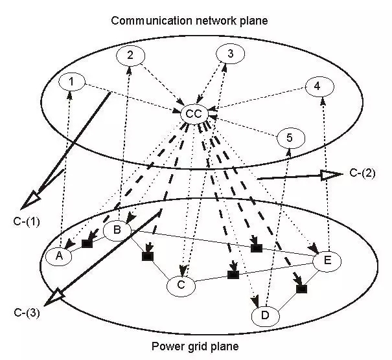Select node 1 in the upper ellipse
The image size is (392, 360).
click(x=71, y=82)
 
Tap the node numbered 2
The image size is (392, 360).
click(x=130, y=56)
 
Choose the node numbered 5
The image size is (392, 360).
click(x=290, y=137)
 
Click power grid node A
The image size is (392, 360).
click(x=59, y=255)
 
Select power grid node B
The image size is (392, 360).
click(x=117, y=230)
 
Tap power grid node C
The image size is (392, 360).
click(x=181, y=284)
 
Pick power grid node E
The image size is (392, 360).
click(x=327, y=260)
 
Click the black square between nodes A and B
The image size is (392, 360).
click(x=86, y=243)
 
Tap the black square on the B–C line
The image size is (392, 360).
click(x=146, y=256)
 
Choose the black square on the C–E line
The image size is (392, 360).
click(x=233, y=275)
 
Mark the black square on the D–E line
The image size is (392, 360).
click(x=301, y=289)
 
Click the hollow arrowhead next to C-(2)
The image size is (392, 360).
click(x=331, y=174)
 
